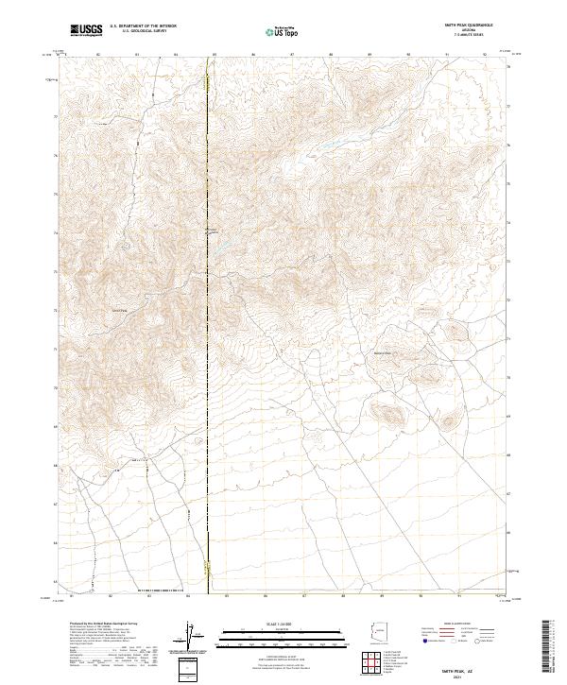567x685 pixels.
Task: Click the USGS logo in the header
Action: pyautogui.click(x=87, y=31)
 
